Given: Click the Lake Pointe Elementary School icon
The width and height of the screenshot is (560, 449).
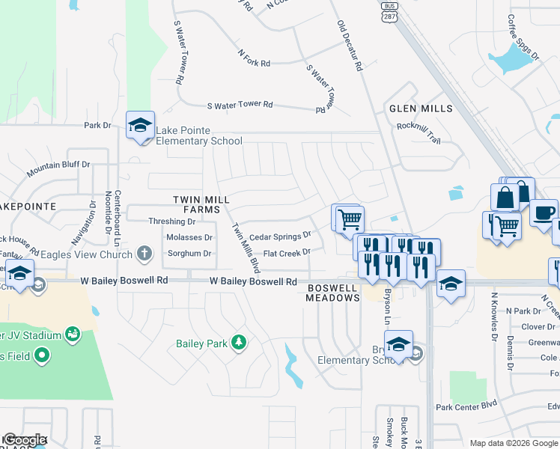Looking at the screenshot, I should (140, 126).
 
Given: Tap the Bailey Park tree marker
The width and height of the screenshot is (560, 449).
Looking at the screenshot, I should (239, 343).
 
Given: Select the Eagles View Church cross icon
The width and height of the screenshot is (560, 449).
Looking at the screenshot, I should (146, 254).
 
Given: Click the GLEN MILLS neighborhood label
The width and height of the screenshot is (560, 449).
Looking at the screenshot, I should (421, 109).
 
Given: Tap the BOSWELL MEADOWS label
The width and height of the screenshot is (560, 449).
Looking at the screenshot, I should (333, 292).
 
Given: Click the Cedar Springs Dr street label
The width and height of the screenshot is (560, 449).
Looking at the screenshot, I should (280, 236).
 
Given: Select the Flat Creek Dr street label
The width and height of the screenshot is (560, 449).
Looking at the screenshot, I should (286, 254).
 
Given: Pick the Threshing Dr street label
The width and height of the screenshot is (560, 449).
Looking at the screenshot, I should (171, 222).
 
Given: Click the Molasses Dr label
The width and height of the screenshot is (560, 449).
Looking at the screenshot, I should (188, 237).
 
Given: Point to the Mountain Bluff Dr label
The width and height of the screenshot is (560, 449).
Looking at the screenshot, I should (58, 169).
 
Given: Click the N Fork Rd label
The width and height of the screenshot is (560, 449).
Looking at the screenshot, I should (254, 59).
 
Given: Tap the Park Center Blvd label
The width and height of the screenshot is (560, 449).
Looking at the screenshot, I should (467, 407).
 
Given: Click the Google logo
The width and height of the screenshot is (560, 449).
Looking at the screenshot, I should (25, 440).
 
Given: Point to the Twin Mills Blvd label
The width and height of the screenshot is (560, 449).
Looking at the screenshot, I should (246, 248).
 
